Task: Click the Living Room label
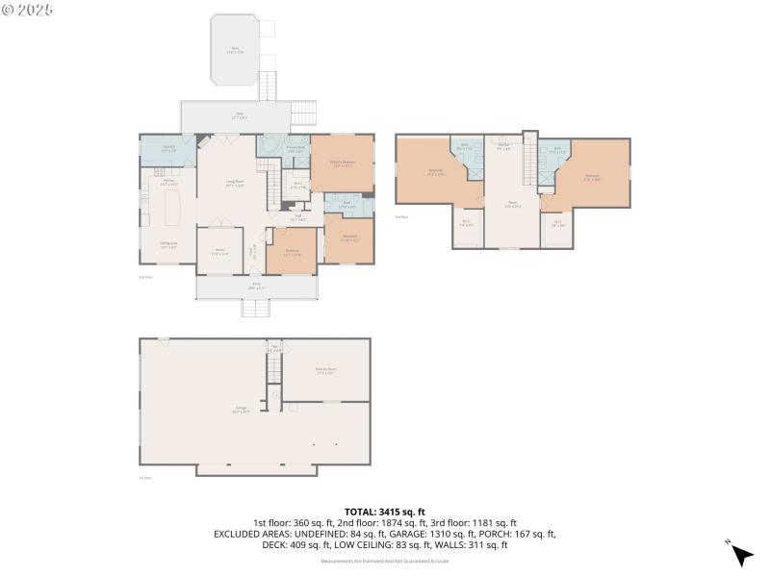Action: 234,185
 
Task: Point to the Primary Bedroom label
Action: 343,163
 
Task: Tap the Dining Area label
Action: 168,246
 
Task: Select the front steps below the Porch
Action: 255,310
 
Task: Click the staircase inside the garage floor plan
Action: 274,364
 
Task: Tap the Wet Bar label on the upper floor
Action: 502,146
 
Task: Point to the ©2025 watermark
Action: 28,10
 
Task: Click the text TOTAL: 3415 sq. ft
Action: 384,512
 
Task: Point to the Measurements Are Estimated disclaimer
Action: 384,560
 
